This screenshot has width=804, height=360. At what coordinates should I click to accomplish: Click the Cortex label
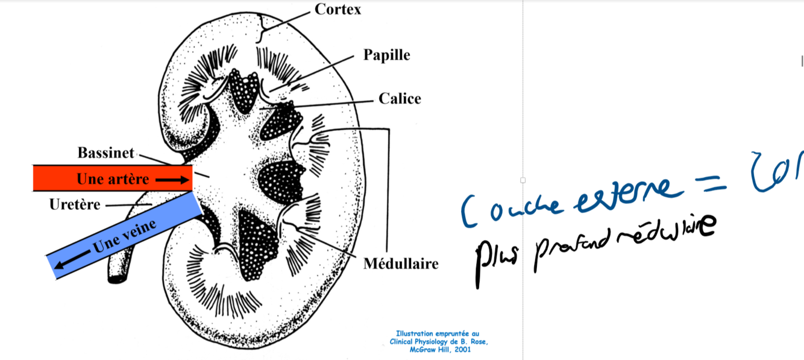click(338, 10)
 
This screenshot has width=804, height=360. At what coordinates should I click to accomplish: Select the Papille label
click(386, 55)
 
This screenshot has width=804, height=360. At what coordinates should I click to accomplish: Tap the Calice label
click(400, 98)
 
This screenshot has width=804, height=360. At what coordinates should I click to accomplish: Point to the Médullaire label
click(401, 264)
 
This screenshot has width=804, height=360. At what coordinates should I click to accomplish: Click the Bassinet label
click(105, 153)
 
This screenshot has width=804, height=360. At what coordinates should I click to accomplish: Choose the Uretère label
click(75, 204)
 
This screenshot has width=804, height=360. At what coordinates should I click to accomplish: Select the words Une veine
click(124, 236)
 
